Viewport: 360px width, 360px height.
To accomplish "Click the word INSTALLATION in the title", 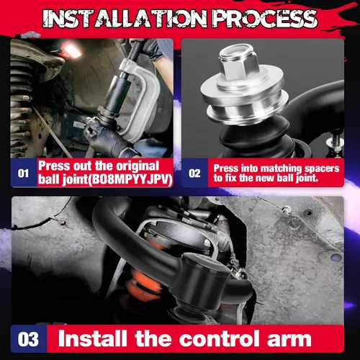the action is click(x=125, y=18).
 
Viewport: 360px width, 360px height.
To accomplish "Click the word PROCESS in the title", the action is click(x=265, y=18).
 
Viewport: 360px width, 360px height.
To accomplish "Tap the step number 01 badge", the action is click(x=24, y=173).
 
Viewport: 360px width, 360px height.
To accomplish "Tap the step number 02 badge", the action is click(x=194, y=173).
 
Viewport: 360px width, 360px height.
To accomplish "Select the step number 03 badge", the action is click(x=28, y=339).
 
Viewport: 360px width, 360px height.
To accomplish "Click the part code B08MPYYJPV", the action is click(x=132, y=179).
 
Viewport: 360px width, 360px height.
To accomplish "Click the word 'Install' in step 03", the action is click(x=92, y=338).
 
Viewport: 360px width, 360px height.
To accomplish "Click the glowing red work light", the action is click(x=71, y=50).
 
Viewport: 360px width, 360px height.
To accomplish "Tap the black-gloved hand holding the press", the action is click(x=109, y=135).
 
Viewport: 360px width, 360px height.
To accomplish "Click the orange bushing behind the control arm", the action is click(x=143, y=282).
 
